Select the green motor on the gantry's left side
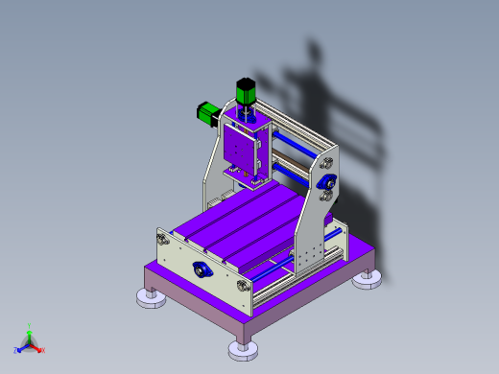click(x=206, y=113)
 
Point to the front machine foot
click(x=243, y=349)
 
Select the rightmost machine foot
click(x=367, y=280)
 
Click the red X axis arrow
click(x=39, y=349)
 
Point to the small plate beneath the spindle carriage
click(x=245, y=175)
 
